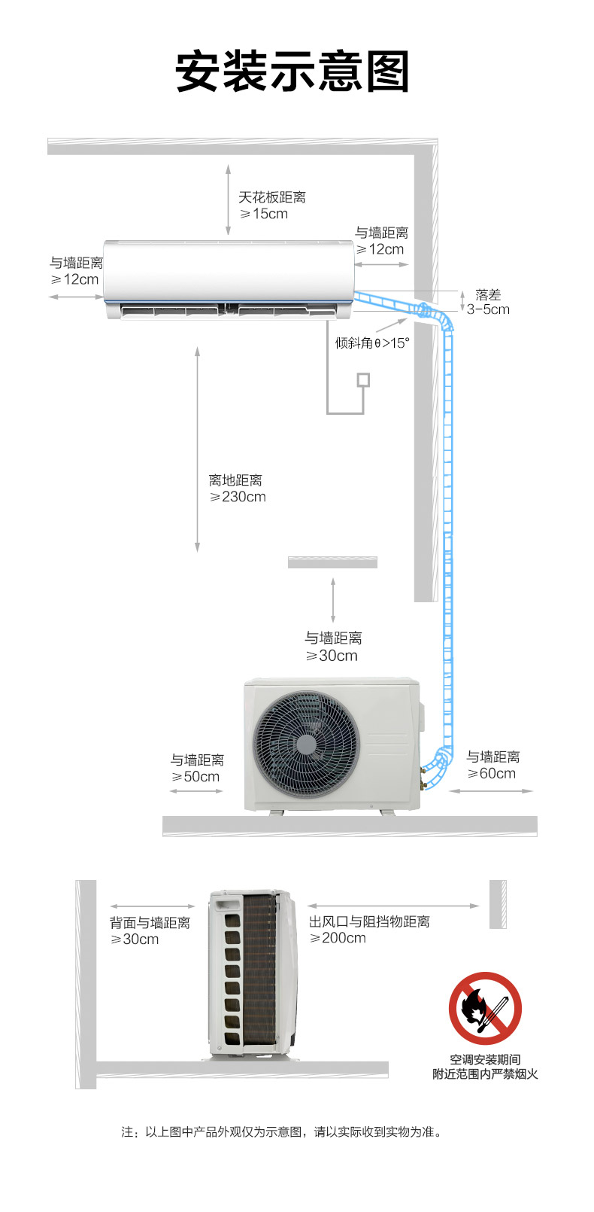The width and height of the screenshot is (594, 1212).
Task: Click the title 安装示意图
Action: pyautogui.click(x=292, y=71)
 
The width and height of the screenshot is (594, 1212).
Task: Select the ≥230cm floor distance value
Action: pyautogui.click(x=238, y=497)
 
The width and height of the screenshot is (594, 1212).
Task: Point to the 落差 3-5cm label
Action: pyautogui.click(x=488, y=302)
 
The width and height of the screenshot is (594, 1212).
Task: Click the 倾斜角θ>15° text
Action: pyautogui.click(x=372, y=343)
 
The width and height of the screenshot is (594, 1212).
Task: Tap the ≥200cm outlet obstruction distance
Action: pyautogui.click(x=338, y=938)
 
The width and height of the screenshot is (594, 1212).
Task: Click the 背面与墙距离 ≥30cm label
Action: pyautogui.click(x=150, y=930)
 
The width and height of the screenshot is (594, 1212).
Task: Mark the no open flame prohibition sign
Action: pyautogui.click(x=485, y=1008)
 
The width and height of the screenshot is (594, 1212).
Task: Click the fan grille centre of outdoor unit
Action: pyautogui.click(x=306, y=745)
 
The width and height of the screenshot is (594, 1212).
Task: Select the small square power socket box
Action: pyautogui.click(x=363, y=380)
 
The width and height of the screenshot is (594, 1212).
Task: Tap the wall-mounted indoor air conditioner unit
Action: pyautogui.click(x=229, y=279)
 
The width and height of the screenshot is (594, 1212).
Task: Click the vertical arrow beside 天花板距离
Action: pyautogui.click(x=228, y=200)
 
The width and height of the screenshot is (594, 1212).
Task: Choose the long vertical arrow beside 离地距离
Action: pyautogui.click(x=197, y=449)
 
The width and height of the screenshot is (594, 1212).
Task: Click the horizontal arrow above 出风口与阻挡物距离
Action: pyautogui.click(x=393, y=906)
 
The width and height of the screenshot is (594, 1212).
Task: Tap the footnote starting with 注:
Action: pyautogui.click(x=282, y=1132)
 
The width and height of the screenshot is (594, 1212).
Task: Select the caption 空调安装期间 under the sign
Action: pyautogui.click(x=485, y=1059)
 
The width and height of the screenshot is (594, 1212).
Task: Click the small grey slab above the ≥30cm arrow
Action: pyautogui.click(x=332, y=562)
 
